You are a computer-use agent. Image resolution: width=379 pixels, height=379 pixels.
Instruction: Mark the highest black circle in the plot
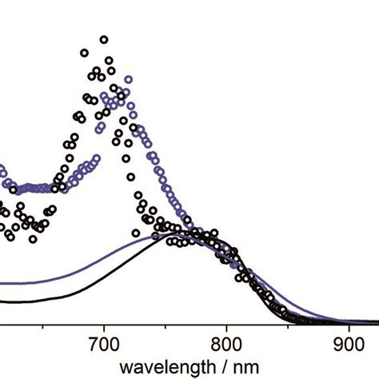tap(104, 38)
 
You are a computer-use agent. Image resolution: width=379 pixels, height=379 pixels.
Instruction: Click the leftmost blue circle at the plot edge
tap(2, 170)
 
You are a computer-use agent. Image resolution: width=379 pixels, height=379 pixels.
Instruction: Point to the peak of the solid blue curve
tap(172, 233)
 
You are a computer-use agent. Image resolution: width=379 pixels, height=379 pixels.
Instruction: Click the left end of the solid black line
tap(2, 301)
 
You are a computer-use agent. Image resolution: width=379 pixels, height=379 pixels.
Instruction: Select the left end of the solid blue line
tap(2, 283)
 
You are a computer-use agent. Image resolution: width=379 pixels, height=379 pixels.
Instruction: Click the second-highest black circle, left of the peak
tap(85, 54)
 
